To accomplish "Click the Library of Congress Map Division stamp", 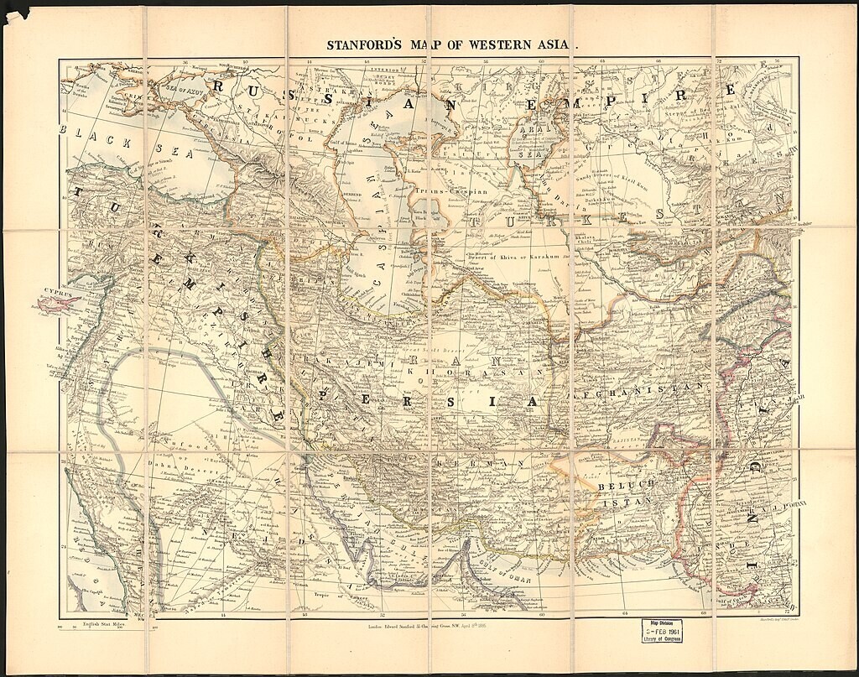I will [663, 630].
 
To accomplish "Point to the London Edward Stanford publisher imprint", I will [429, 626].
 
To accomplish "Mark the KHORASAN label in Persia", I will [487, 371].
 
